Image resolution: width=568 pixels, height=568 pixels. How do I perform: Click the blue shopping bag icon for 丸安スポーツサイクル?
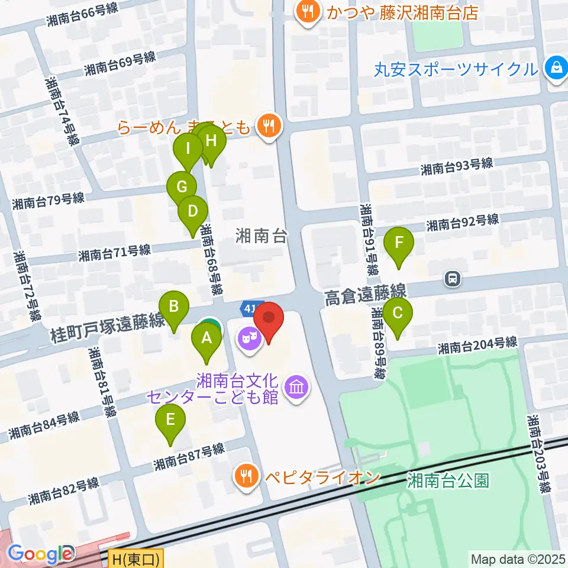556,69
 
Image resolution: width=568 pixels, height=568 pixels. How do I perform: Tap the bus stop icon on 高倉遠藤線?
452,277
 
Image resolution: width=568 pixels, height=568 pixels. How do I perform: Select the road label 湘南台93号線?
457,167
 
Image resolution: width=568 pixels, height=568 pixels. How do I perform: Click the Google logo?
40,554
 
